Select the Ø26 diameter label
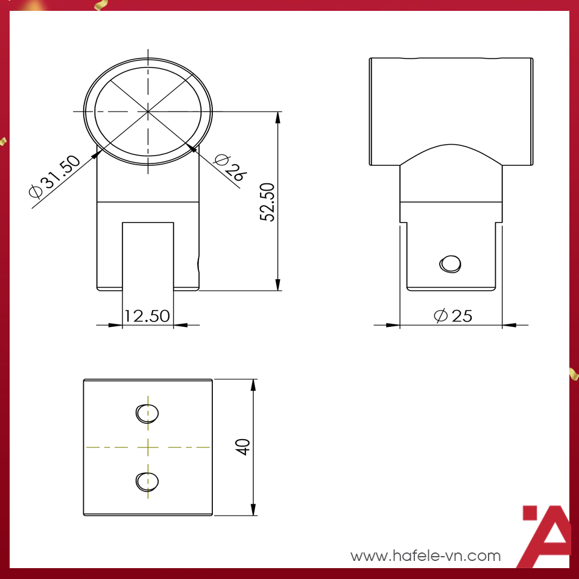pos(230,167)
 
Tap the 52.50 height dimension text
pos(268,202)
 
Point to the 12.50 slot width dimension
pos(147,316)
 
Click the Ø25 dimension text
pos(453,315)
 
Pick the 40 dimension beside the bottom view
pos(243,447)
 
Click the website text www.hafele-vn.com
pos(426,555)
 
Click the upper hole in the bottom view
pos(147,413)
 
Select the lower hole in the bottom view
pos(147,481)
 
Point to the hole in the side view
pos(451,264)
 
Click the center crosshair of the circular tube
pos(148,112)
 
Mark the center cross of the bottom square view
pos(148,447)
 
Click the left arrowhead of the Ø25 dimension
pos(394,325)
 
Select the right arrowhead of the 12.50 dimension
pos(179,325)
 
